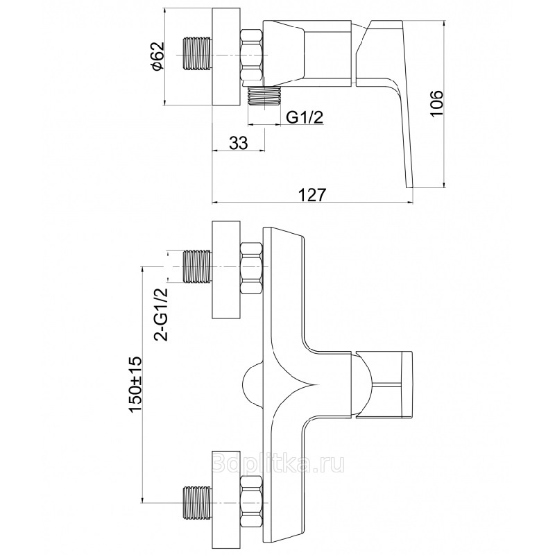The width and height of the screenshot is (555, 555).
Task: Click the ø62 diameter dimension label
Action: point(157,58)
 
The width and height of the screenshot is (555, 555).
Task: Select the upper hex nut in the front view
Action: point(251,267)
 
